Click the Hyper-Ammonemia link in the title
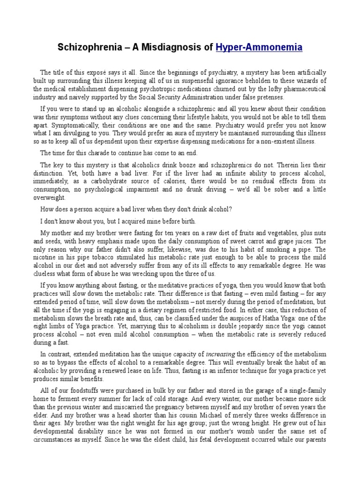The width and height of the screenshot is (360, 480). point(259,47)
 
